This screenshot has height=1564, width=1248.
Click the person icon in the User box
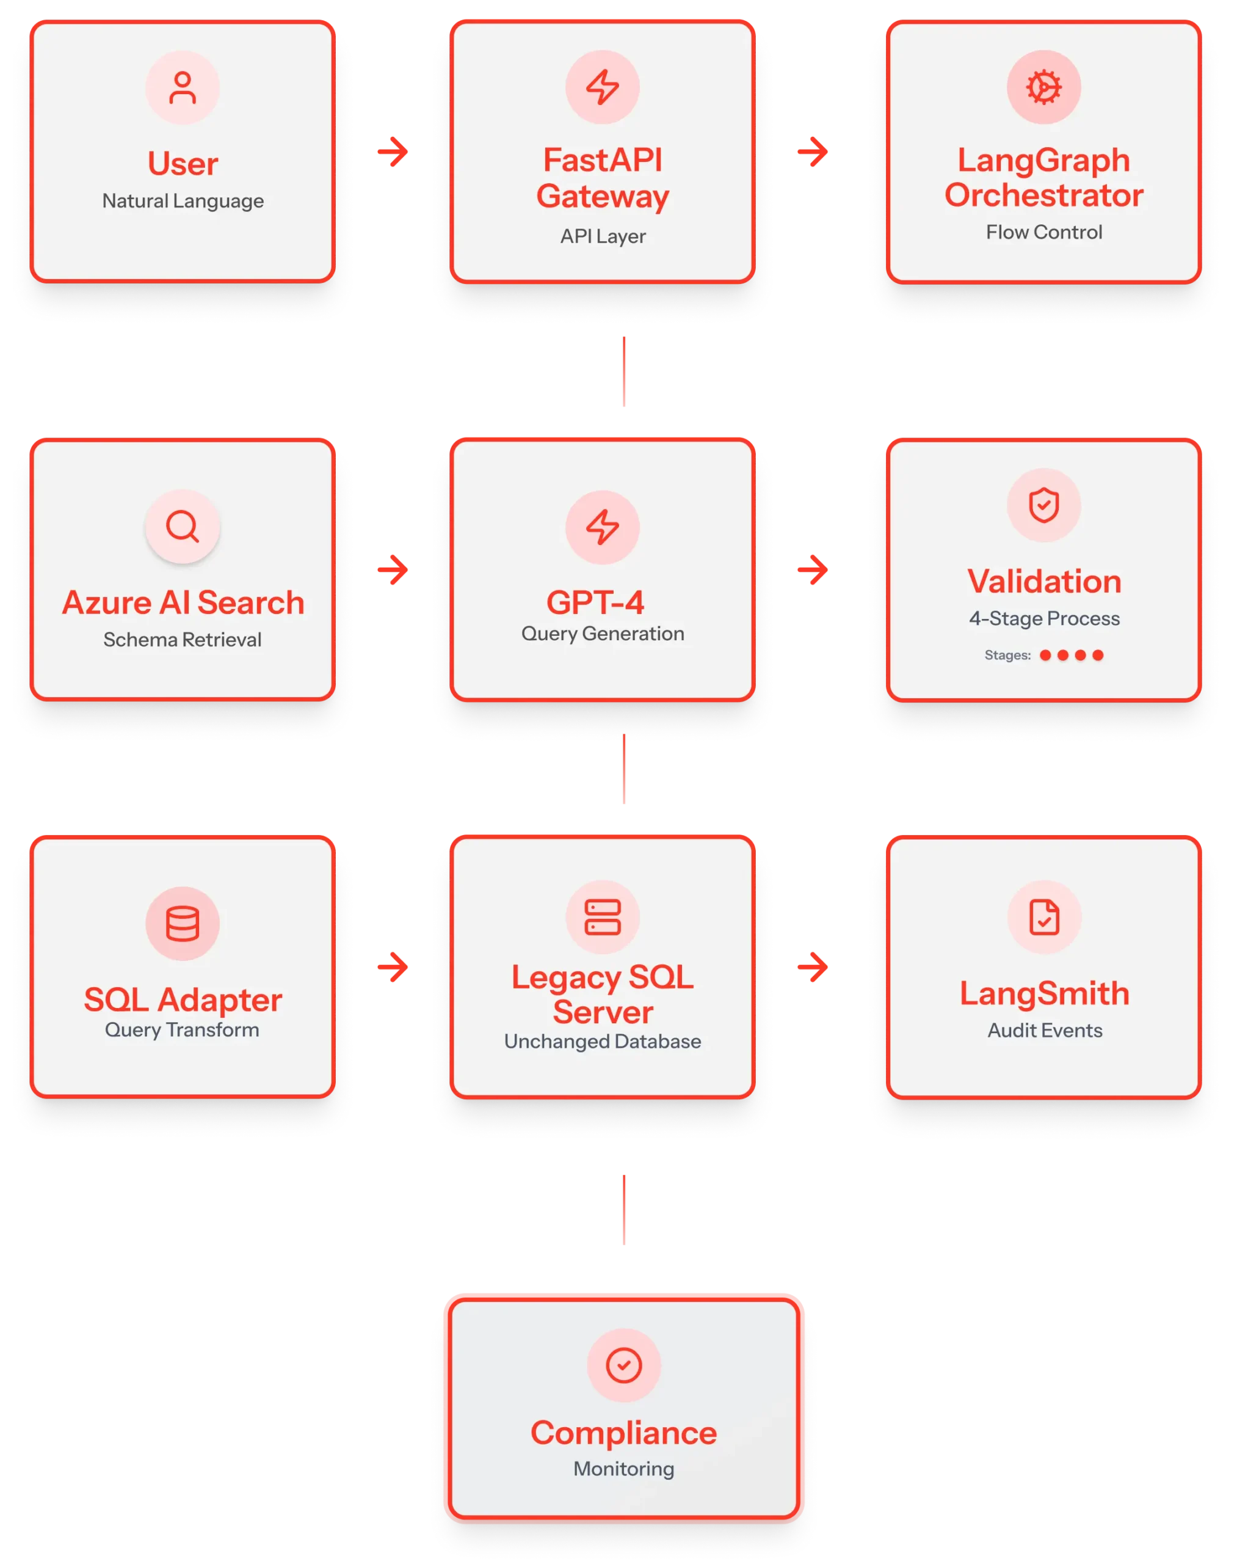click(x=183, y=88)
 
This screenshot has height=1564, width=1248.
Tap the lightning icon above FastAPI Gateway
click(x=603, y=87)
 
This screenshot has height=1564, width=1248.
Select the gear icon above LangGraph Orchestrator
click(x=1043, y=87)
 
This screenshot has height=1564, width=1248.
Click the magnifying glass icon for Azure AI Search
click(x=183, y=527)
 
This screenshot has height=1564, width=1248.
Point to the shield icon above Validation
click(x=1043, y=505)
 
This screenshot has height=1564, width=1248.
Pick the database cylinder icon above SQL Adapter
click(x=183, y=924)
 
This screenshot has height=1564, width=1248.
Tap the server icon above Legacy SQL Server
click(x=603, y=917)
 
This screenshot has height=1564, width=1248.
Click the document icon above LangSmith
click(x=1043, y=917)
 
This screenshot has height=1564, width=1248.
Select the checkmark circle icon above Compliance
click(x=623, y=1365)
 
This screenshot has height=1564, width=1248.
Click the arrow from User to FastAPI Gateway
click(x=393, y=152)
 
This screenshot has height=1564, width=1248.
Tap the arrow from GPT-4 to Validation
click(x=813, y=570)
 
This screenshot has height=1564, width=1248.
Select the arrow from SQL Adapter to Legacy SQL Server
click(x=393, y=967)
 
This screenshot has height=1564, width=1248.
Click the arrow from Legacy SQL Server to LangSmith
click(x=813, y=967)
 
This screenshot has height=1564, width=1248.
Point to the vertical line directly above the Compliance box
click(x=625, y=1209)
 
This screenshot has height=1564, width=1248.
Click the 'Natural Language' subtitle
click(x=183, y=201)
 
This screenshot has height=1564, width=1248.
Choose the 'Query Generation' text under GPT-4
click(x=603, y=634)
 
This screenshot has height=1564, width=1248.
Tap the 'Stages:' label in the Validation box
click(x=1007, y=655)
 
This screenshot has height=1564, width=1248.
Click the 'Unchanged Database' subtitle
click(x=603, y=1042)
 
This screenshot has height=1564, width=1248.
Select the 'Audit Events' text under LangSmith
click(x=1044, y=1031)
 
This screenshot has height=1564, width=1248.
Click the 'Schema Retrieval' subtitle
click(x=183, y=640)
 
